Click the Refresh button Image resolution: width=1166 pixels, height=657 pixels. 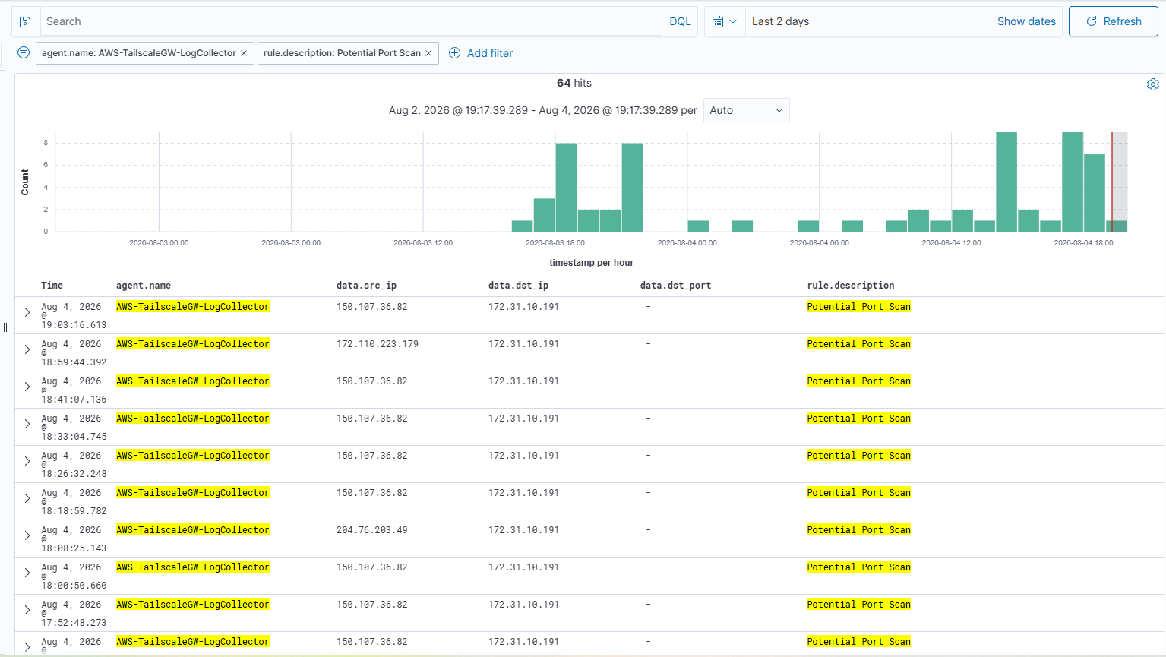[1114, 21]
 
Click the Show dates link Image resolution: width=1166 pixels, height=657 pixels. [1026, 21]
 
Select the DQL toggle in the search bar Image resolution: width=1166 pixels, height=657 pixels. [680, 21]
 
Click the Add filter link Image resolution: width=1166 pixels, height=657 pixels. [489, 53]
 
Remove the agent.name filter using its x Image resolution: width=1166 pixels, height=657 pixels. [244, 53]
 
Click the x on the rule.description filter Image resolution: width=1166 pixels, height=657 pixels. [428, 53]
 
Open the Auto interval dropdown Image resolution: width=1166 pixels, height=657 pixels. [746, 110]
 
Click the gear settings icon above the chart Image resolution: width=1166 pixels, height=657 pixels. [1152, 84]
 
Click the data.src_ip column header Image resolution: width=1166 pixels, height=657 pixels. [366, 286]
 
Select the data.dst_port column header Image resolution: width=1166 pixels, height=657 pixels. [675, 286]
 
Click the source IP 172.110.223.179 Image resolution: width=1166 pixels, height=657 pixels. [378, 343]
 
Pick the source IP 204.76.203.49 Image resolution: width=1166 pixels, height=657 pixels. [371, 530]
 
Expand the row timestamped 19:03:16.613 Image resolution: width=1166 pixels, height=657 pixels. [27, 312]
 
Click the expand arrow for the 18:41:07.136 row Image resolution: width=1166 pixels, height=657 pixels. [27, 387]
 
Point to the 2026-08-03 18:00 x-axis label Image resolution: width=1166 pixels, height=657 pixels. [555, 242]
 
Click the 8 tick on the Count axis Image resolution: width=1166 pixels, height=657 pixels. [46, 143]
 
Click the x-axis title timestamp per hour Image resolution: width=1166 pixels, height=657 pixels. [591, 262]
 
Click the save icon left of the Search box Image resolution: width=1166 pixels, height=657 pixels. [25, 22]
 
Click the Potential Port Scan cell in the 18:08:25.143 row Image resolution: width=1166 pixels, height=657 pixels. [858, 530]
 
